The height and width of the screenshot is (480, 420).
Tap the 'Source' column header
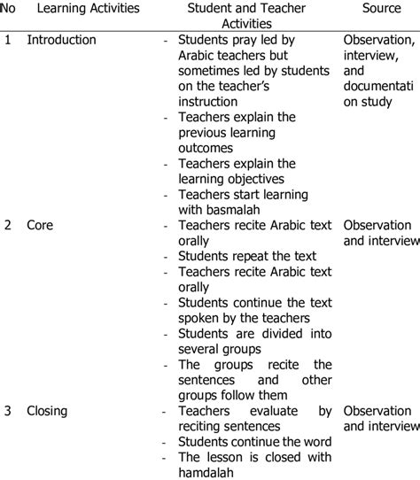point(381,9)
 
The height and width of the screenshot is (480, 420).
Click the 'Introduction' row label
point(61,40)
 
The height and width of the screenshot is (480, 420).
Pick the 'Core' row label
point(39,225)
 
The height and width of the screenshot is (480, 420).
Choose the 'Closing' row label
point(46,411)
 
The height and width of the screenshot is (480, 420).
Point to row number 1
point(7,40)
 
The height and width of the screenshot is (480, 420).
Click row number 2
point(7,225)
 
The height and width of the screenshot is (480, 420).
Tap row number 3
point(7,411)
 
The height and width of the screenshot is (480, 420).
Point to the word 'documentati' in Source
point(378,86)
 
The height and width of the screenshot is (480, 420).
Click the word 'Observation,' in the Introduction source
point(378,40)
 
